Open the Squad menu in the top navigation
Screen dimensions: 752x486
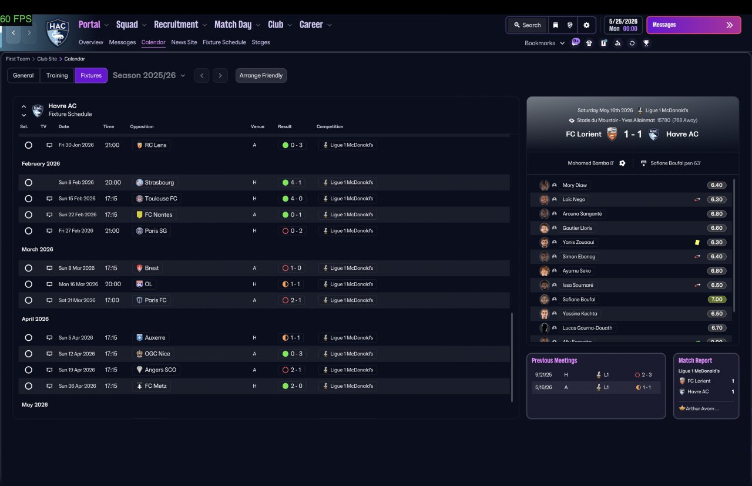pyautogui.click(x=127, y=25)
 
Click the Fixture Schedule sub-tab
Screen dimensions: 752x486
pyautogui.click(x=224, y=42)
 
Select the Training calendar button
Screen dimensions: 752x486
pyautogui.click(x=57, y=75)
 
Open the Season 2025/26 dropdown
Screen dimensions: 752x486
pyautogui.click(x=149, y=75)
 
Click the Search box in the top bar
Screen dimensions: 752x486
pyautogui.click(x=528, y=25)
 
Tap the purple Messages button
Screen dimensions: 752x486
pyautogui.click(x=694, y=25)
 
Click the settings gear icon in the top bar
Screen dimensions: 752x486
pyautogui.click(x=586, y=25)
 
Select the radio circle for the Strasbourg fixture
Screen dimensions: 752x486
pyautogui.click(x=29, y=182)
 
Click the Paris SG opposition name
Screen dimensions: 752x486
pyautogui.click(x=156, y=231)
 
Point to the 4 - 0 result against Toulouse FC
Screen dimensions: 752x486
pyautogui.click(x=296, y=199)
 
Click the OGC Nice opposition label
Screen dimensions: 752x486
pyautogui.click(x=157, y=354)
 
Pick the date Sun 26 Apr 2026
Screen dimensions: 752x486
pyautogui.click(x=77, y=386)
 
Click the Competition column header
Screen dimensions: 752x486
pyautogui.click(x=330, y=126)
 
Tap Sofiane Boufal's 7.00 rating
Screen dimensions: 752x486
pyautogui.click(x=717, y=299)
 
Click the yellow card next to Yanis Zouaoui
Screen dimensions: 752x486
pyautogui.click(x=697, y=242)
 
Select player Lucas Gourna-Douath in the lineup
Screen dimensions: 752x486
pyautogui.click(x=587, y=328)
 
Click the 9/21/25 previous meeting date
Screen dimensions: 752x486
pyautogui.click(x=543, y=374)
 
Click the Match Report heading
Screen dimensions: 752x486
pyautogui.click(x=695, y=360)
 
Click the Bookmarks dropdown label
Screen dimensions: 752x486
pyautogui.click(x=540, y=43)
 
